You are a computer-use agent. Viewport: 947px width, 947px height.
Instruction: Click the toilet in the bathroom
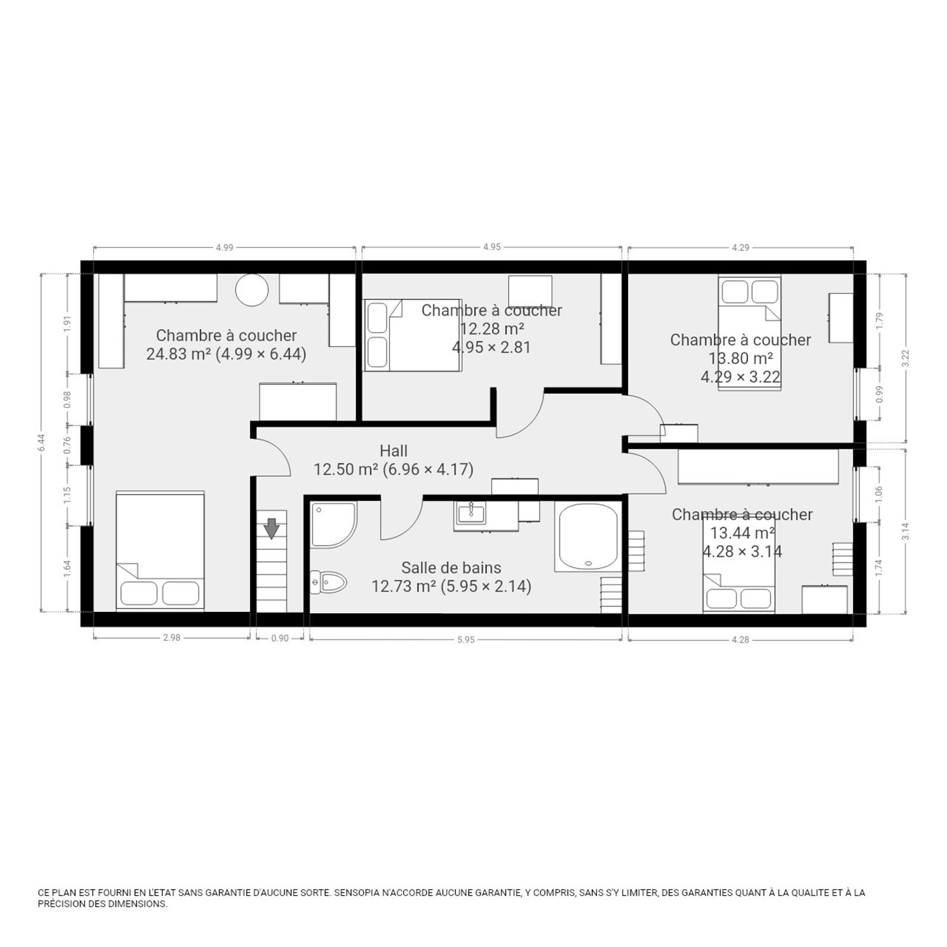click(328, 582)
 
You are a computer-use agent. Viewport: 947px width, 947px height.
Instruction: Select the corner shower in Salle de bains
click(334, 524)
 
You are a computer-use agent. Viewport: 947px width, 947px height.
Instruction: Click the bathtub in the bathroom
click(588, 537)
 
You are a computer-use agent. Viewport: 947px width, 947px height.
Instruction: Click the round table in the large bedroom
click(252, 290)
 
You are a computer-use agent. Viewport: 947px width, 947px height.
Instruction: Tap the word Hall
click(394, 451)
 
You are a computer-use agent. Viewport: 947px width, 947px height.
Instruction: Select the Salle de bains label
click(451, 568)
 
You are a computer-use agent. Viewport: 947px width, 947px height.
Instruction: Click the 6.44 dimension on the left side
click(41, 442)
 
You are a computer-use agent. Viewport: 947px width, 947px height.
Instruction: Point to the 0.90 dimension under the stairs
click(280, 639)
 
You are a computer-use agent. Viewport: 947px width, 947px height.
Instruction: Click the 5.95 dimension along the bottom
click(466, 639)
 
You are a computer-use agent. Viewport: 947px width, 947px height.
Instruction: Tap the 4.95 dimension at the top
click(492, 247)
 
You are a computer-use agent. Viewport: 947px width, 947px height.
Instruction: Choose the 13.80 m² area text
click(740, 358)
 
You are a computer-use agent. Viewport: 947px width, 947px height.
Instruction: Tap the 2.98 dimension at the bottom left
click(172, 638)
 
